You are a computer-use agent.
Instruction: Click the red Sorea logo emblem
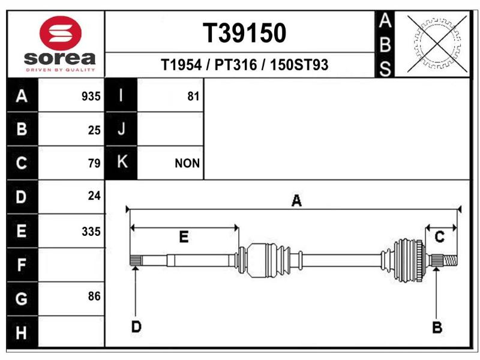pyautogui.click(x=61, y=33)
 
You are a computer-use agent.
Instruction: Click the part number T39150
pyautogui.click(x=244, y=33)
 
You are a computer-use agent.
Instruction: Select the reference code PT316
pyautogui.click(x=235, y=65)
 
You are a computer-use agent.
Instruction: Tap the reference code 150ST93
pyautogui.click(x=299, y=65)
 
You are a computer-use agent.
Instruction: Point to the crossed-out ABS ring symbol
pyautogui.click(x=437, y=44)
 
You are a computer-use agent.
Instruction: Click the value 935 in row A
pyautogui.click(x=91, y=97)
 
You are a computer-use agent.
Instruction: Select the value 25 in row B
pyautogui.click(x=94, y=130)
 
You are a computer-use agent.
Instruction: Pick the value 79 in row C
pyautogui.click(x=94, y=163)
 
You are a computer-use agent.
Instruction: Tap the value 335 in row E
pyautogui.click(x=91, y=232)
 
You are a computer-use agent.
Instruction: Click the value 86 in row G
pyautogui.click(x=94, y=296)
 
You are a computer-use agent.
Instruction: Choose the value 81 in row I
pyautogui.click(x=193, y=97)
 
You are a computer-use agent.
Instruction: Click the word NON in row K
pyautogui.click(x=187, y=163)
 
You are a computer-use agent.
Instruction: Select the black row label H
pyautogui.click(x=22, y=332)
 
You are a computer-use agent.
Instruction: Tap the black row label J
pyautogui.click(x=121, y=129)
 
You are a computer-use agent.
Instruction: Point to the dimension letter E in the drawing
pyautogui.click(x=184, y=237)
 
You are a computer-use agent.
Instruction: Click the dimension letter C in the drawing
pyautogui.click(x=440, y=237)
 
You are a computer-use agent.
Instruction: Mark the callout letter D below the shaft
pyautogui.click(x=136, y=326)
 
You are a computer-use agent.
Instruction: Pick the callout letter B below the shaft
pyautogui.click(x=437, y=327)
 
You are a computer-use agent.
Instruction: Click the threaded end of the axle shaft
pyautogui.click(x=450, y=260)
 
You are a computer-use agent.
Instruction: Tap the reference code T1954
pyautogui.click(x=181, y=65)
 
